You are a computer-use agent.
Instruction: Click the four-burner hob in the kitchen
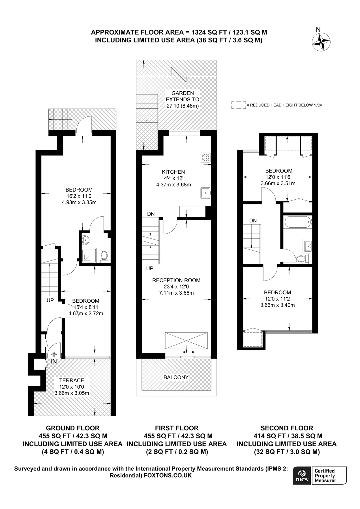click(x=205, y=158)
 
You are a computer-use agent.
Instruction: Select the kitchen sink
click(x=205, y=193)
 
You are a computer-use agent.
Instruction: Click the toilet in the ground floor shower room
click(x=104, y=256)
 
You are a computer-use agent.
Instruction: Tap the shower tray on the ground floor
click(x=89, y=256)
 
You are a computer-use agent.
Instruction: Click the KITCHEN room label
click(x=173, y=172)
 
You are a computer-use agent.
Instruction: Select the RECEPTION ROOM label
click(x=176, y=280)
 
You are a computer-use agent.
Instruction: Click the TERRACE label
click(x=72, y=380)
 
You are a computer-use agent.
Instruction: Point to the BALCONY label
click(x=176, y=377)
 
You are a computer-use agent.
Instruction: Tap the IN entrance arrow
click(x=53, y=355)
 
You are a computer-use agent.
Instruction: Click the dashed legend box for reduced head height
click(x=238, y=105)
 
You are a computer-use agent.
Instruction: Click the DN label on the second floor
click(x=253, y=221)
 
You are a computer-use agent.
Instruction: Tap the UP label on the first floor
click(x=150, y=268)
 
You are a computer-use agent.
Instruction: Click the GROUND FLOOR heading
click(x=72, y=428)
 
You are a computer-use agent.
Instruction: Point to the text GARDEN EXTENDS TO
click(x=182, y=96)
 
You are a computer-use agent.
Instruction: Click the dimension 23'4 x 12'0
click(x=176, y=286)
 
